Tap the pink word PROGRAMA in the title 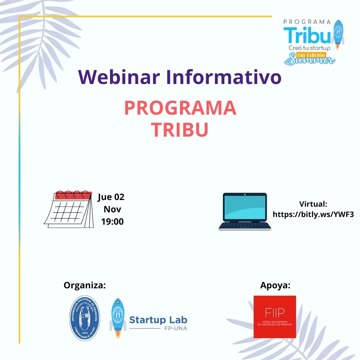[180, 108]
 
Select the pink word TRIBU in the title [180, 130]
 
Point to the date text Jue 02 [111, 197]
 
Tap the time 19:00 [112, 222]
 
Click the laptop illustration [245, 211]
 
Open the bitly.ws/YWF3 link [313, 214]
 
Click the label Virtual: [313, 204]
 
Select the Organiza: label [85, 285]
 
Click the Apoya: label [275, 285]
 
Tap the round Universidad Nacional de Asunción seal [85, 318]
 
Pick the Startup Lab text [158, 320]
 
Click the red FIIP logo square [275, 317]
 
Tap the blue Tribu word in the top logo [307, 35]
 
